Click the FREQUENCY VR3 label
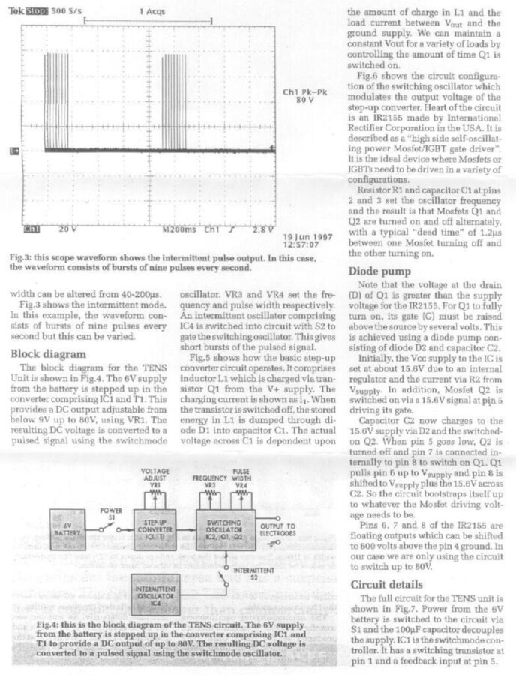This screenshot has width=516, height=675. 209,481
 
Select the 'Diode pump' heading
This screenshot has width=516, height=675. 381,271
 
